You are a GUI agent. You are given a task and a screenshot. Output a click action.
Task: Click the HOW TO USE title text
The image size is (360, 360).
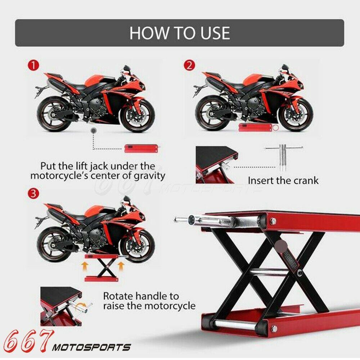click(x=180, y=33)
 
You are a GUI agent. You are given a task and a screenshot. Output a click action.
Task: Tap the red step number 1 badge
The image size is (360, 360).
click(x=33, y=66)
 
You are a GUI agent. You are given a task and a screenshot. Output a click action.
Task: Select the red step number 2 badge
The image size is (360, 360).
click(x=189, y=65)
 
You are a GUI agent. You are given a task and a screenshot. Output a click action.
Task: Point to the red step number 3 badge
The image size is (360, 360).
click(x=33, y=194)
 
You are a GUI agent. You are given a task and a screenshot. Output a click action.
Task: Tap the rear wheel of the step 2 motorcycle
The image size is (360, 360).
click(x=211, y=115)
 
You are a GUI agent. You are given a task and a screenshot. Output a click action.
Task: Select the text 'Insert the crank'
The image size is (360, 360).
click(x=283, y=180)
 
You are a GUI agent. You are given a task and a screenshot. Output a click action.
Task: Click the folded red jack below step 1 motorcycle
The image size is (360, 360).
click(x=141, y=148)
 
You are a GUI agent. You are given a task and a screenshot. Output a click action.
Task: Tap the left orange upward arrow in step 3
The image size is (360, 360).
click(x=85, y=267)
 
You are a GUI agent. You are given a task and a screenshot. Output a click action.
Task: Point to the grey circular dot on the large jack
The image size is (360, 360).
click(x=281, y=246)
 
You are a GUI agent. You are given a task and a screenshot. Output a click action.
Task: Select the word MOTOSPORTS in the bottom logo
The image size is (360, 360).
click(x=91, y=347)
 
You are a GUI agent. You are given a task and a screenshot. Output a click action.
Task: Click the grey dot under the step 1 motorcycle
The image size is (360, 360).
click(x=93, y=131)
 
